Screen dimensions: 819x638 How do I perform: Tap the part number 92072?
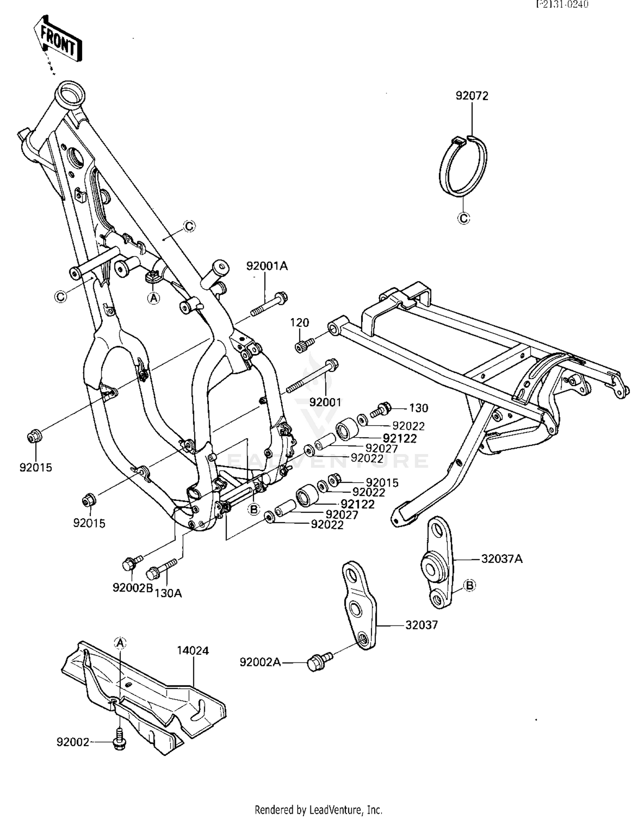click(472, 96)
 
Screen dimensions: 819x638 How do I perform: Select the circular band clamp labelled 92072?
click(463, 166)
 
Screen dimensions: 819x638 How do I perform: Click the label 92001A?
click(267, 266)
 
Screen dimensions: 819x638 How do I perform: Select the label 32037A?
click(501, 558)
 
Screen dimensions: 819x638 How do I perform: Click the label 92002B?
click(132, 588)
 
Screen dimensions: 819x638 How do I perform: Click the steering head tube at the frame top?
click(71, 95)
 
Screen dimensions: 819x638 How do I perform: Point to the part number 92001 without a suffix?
click(325, 402)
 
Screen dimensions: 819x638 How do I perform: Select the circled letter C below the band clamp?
click(464, 219)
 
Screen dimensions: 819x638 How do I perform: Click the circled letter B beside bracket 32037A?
click(470, 586)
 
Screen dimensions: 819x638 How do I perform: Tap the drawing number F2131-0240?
click(562, 5)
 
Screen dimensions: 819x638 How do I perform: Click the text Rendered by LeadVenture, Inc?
click(319, 809)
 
